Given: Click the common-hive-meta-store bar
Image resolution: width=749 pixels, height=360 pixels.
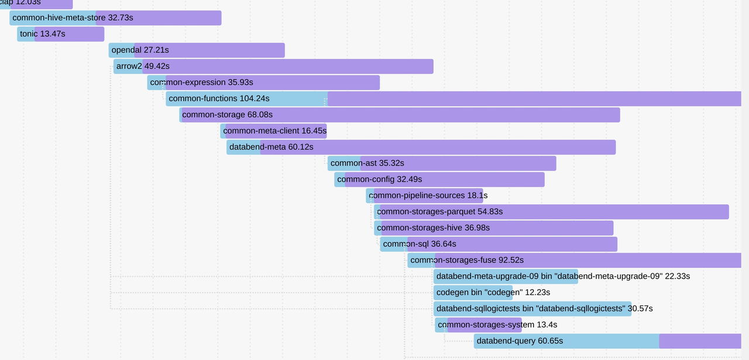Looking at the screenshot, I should [115, 18].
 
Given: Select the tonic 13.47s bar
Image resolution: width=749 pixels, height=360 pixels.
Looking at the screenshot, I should [61, 34].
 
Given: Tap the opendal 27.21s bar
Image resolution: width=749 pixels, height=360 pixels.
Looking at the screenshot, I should [197, 50].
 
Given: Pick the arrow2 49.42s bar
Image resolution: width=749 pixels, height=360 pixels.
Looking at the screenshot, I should [273, 66].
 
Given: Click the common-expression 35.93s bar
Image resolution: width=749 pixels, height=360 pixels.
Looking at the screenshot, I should [263, 83].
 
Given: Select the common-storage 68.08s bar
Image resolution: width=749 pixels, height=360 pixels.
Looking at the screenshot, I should [400, 115].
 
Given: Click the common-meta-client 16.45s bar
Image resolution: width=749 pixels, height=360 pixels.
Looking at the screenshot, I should [273, 131].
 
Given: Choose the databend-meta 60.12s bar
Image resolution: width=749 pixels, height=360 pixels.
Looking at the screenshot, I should [421, 147].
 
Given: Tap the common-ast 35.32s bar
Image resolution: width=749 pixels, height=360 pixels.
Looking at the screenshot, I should [442, 163].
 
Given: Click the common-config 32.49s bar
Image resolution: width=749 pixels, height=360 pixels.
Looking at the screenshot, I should [439, 179].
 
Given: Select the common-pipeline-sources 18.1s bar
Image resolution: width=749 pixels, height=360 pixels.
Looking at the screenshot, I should [425, 196].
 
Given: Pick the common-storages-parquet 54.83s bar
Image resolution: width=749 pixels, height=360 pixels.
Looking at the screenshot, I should [551, 212].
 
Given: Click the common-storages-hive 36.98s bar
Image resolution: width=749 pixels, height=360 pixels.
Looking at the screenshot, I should [493, 228].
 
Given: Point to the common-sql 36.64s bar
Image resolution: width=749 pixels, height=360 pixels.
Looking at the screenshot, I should [499, 244].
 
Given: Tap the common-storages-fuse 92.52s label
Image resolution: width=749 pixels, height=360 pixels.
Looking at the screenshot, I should [467, 260].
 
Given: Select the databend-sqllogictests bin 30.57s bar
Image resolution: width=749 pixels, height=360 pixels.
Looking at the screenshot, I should [532, 308].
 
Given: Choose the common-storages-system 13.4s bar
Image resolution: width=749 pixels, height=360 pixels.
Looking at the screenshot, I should [479, 325].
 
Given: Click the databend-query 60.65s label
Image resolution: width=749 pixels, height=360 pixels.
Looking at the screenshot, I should [520, 341].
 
